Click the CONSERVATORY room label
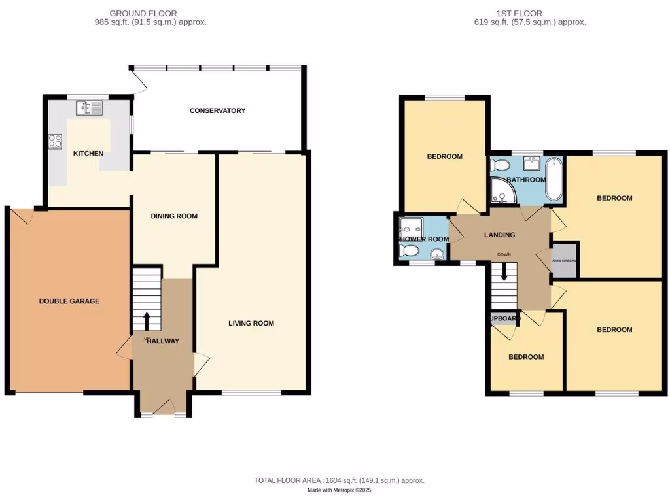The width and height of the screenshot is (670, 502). click(x=217, y=110)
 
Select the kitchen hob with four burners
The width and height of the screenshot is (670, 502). click(x=56, y=141)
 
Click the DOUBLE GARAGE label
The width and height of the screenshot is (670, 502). click(x=69, y=301)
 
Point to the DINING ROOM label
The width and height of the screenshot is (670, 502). click(x=174, y=216)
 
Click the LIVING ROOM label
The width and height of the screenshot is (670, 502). click(x=251, y=323)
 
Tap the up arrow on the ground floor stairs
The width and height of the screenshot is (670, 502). click(x=146, y=321)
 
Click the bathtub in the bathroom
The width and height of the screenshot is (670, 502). click(x=554, y=178)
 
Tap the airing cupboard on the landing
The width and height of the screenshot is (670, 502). click(x=565, y=260)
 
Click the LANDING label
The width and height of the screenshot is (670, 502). click(x=499, y=235)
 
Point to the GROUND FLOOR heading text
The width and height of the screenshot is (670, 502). click(x=143, y=13)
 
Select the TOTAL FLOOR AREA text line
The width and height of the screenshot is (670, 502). click(x=339, y=480)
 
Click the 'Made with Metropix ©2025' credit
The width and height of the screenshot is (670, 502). click(x=339, y=490)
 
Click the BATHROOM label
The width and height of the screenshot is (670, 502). click(x=525, y=180)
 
